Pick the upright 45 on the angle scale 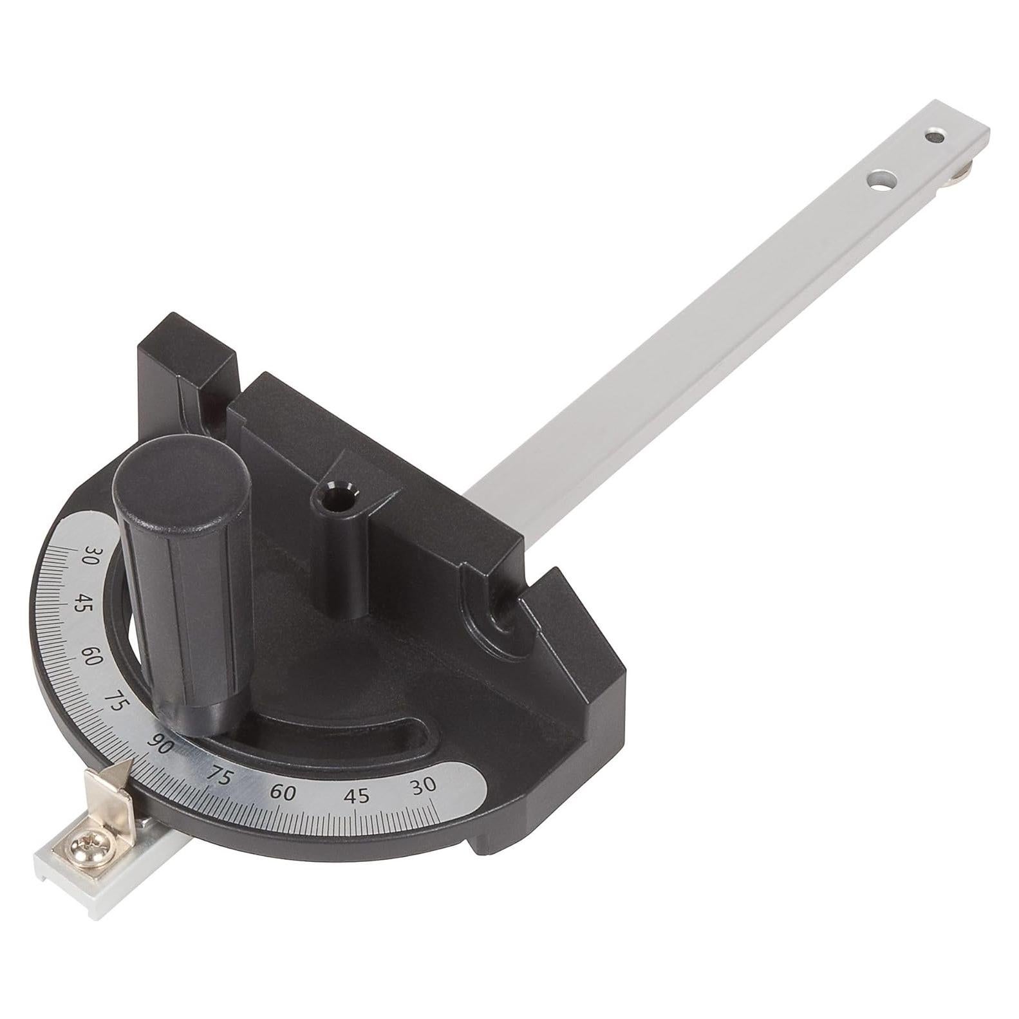click(x=357, y=796)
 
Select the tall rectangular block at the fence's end click(x=187, y=360)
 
